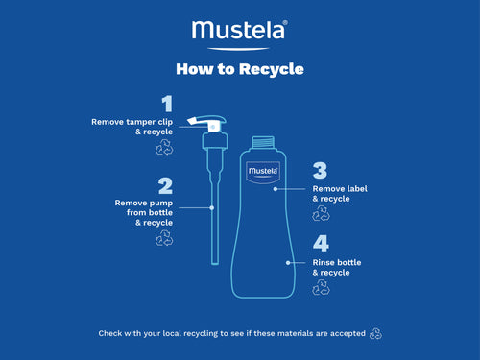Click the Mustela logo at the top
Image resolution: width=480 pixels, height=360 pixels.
(240, 32)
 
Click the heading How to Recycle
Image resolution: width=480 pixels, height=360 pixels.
(240, 69)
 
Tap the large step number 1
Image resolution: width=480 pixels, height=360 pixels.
(167, 104)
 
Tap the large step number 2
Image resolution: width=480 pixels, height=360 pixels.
(166, 186)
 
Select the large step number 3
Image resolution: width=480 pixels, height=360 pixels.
(320, 171)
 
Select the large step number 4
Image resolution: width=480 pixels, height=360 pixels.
(321, 244)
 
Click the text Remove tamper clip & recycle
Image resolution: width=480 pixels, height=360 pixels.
(132, 128)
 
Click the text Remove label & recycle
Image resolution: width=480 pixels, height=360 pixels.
(337, 194)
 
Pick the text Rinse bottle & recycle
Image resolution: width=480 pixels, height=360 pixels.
(337, 267)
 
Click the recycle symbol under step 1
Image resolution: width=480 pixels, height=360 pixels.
(163, 148)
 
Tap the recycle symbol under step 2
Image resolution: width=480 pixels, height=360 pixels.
(163, 237)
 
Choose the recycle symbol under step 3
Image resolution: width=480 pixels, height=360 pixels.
(322, 214)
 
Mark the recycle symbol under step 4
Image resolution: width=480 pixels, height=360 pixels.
(322, 287)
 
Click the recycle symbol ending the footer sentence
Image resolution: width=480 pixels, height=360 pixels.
(375, 333)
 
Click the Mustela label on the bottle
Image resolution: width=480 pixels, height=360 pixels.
(263, 174)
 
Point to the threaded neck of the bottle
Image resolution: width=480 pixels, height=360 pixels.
(263, 144)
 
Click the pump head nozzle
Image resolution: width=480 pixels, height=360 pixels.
(204, 123)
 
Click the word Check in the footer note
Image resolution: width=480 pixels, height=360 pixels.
(110, 334)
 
